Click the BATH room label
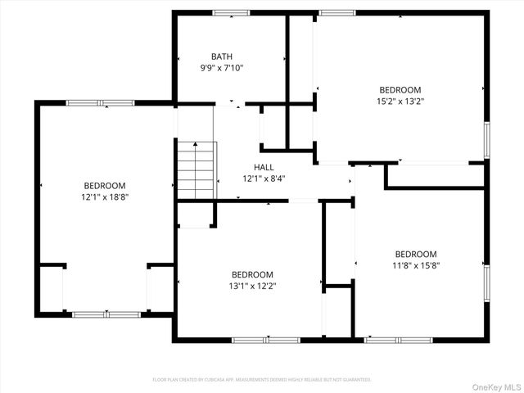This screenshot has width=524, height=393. coord(222,56)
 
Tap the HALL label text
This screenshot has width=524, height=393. coord(264,167)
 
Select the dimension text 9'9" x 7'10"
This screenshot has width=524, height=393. coord(222,68)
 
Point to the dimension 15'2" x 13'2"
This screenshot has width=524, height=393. coord(400,102)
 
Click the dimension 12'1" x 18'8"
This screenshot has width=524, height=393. coord(105,197)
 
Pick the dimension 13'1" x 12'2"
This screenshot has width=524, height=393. coord(252,287)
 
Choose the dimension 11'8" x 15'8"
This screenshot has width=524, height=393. coord(416,266)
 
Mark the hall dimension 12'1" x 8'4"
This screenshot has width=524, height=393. coord(264,178)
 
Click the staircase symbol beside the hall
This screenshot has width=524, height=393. coord(196,169)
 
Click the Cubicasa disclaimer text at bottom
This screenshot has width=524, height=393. coord(262,380)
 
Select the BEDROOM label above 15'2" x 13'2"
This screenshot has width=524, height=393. coord(400,90)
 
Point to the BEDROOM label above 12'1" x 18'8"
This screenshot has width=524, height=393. coord(105,186)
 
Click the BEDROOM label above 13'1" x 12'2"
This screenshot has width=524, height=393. coord(252,275)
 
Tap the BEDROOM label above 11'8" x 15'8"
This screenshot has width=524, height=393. coord(416,255)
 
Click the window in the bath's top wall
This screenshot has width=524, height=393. coord(232,12)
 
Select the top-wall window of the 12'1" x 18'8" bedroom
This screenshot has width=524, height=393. coord(100,102)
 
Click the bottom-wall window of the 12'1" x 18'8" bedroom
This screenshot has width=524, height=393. coord(106,314)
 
